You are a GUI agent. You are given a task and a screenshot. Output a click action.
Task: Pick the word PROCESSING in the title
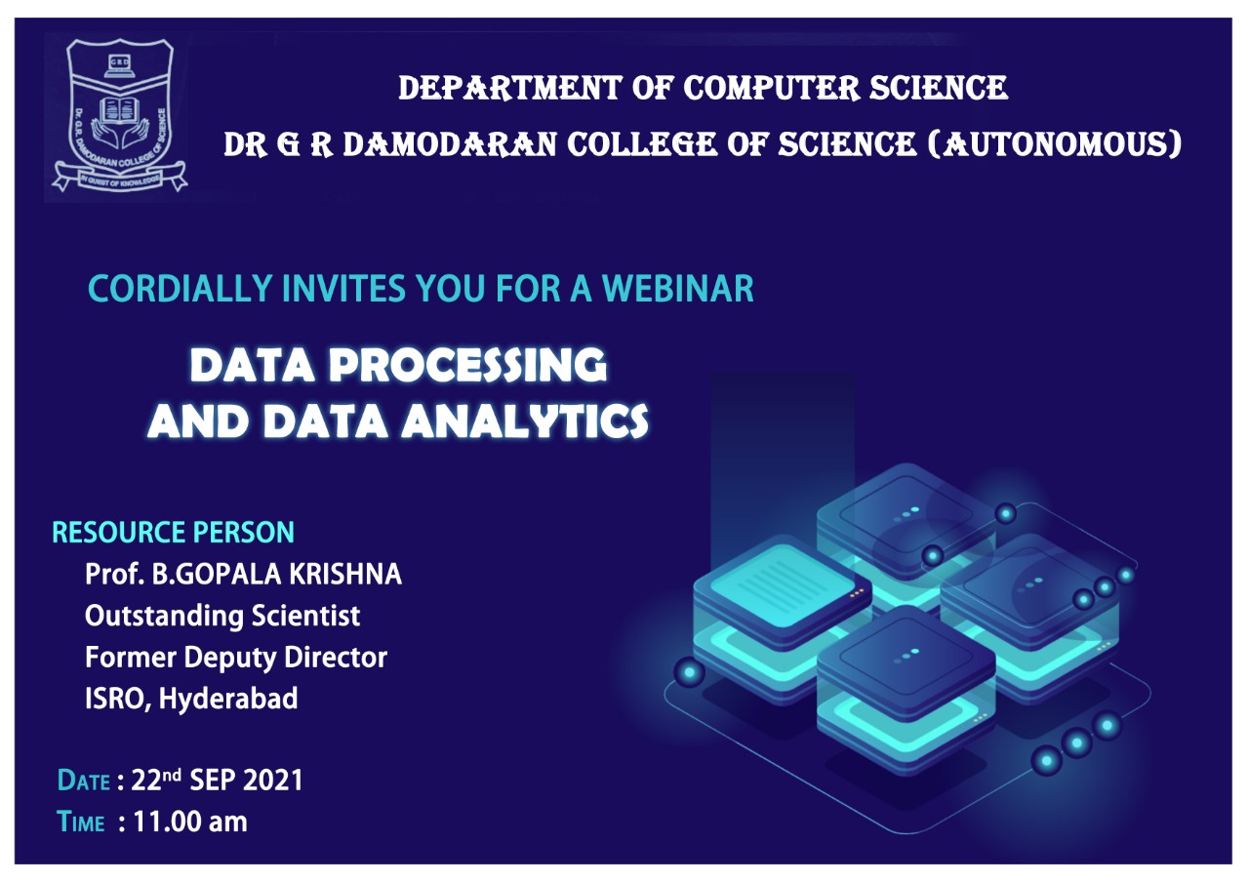(466, 366)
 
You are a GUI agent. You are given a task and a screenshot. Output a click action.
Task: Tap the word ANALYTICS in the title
(525, 421)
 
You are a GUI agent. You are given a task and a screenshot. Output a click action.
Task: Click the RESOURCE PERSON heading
(173, 533)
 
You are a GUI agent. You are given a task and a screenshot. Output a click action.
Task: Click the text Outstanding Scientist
(222, 616)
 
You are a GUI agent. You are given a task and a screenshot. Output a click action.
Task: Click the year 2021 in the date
(273, 781)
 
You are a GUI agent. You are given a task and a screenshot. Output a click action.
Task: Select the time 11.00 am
(190, 822)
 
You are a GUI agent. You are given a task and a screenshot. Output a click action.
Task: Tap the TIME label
(81, 822)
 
